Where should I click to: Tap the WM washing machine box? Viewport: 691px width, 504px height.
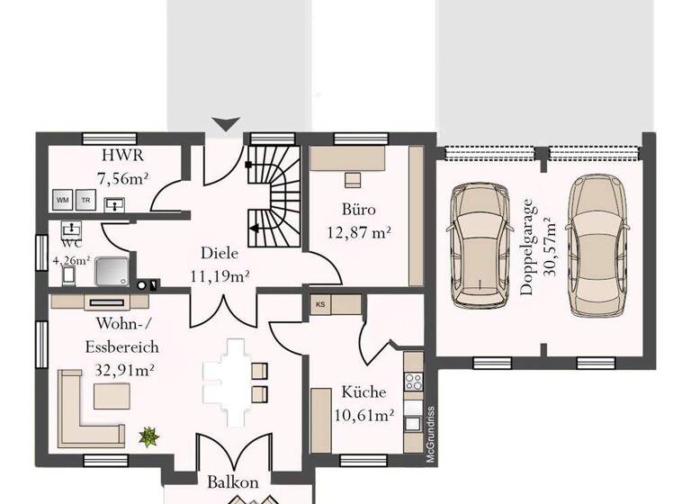[63, 199]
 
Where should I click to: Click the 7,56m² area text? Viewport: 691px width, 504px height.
[122, 177]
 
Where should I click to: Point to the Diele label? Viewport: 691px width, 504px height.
[220, 253]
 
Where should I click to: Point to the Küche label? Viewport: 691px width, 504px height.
[363, 392]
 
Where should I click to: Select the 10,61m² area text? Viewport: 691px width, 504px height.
[363, 415]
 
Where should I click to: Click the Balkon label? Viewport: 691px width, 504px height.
[233, 482]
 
